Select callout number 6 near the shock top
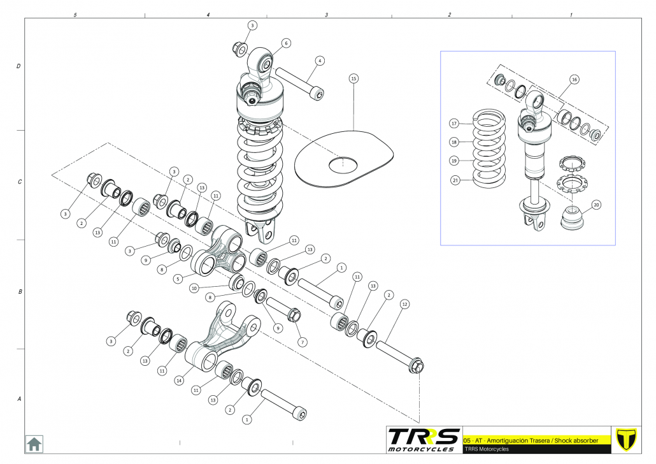pyautogui.click(x=286, y=43)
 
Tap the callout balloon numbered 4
pyautogui.click(x=320, y=61)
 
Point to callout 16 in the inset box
pyautogui.click(x=574, y=80)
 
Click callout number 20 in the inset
pyautogui.click(x=596, y=205)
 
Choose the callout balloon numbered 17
pyautogui.click(x=454, y=123)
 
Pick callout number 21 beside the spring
pyautogui.click(x=454, y=180)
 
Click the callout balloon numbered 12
pyautogui.click(x=404, y=305)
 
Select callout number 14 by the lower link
pyautogui.click(x=179, y=381)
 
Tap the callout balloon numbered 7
pyautogui.click(x=302, y=342)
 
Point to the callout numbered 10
pyautogui.click(x=194, y=288)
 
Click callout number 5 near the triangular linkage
pyautogui.click(x=178, y=278)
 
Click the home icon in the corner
pyautogui.click(x=34, y=443)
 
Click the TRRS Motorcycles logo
pyautogui.click(x=424, y=439)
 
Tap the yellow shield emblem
pyautogui.click(x=627, y=439)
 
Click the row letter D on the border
pyautogui.click(x=18, y=66)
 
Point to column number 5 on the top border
pyautogui.click(x=75, y=14)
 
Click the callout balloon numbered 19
pyautogui.click(x=454, y=161)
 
